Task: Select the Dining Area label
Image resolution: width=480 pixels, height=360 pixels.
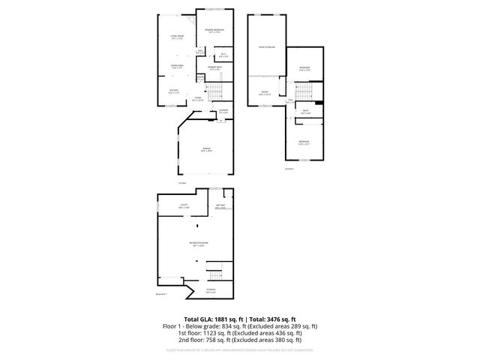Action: pos(178,67)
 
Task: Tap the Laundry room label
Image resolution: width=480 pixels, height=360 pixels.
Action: pos(223,111)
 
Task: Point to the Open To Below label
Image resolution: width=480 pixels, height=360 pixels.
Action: pos(266,46)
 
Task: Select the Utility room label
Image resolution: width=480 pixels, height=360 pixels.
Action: pos(182,206)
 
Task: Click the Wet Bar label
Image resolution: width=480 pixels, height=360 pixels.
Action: pos(221,206)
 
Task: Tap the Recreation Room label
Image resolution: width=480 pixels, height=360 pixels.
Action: pos(198,244)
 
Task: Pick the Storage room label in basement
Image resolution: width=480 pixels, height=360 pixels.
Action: pos(211,291)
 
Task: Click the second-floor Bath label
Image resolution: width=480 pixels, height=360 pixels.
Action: pos(305,112)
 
